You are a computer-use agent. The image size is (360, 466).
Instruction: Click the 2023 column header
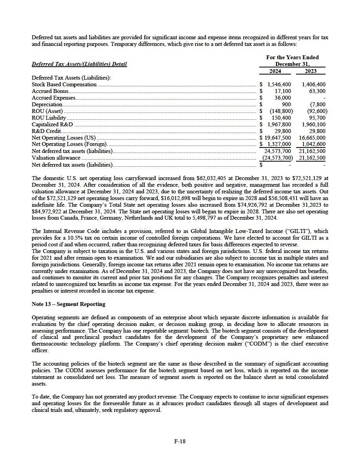pyautogui.click(x=311, y=71)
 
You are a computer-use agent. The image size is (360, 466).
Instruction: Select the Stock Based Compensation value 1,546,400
pyautogui.click(x=279, y=84)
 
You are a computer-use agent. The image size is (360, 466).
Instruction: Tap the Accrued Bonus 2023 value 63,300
pyautogui.click(x=317, y=91)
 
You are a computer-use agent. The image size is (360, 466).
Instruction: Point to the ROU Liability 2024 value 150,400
pyautogui.click(x=281, y=118)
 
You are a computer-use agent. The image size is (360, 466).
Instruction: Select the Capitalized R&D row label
pyautogui.click(x=52, y=124)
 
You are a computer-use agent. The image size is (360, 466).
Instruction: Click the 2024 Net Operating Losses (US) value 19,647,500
pyautogui.click(x=278, y=138)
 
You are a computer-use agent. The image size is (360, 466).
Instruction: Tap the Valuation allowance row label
pyautogui.click(x=56, y=158)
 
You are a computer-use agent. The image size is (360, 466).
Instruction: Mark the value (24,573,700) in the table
pyautogui.click(x=277, y=158)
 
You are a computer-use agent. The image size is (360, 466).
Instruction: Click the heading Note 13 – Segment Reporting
pyautogui.click(x=68, y=304)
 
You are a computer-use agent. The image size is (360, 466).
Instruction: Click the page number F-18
pyautogui.click(x=180, y=441)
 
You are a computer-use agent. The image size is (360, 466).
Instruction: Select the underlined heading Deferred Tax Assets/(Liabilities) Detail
pyautogui.click(x=79, y=64)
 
